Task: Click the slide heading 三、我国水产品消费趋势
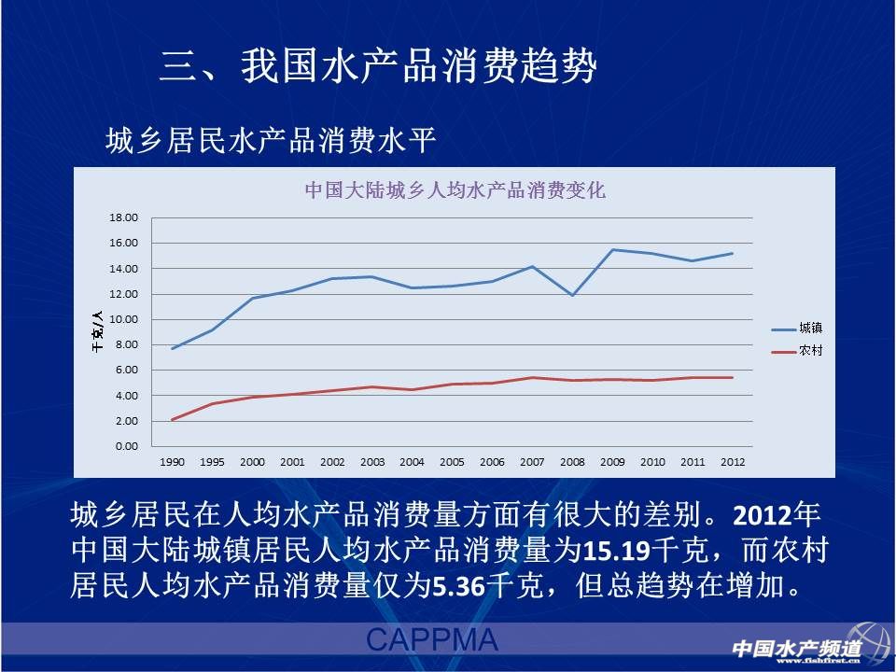point(377,67)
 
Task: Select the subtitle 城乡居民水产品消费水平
point(272,143)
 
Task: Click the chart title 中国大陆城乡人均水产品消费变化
point(455,191)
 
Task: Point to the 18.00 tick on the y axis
point(124,217)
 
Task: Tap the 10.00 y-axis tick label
point(124,319)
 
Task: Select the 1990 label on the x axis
point(172,462)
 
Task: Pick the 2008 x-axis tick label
point(572,462)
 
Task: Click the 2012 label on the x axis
point(733,462)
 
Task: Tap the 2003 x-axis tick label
point(372,462)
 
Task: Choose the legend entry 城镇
point(809,329)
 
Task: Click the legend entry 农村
point(809,351)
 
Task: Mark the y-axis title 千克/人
point(97,332)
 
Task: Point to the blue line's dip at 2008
point(572,295)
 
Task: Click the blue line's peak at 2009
point(612,249)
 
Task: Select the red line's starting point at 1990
point(172,419)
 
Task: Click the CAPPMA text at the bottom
point(431,640)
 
